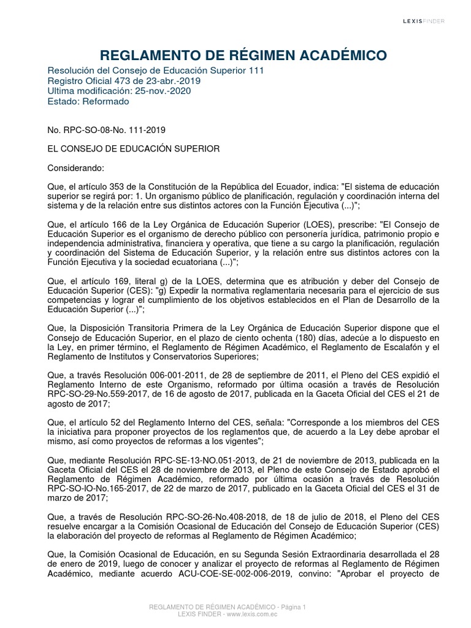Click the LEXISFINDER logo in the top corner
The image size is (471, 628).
[x=423, y=21]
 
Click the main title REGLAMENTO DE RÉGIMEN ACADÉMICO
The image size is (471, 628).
[x=235, y=56]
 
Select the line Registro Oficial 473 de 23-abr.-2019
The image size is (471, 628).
[x=123, y=81]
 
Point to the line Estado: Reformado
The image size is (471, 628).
[x=88, y=101]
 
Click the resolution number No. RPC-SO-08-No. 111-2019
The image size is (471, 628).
[x=106, y=130]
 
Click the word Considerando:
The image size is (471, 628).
[x=76, y=168]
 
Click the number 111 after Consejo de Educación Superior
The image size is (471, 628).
[x=256, y=71]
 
